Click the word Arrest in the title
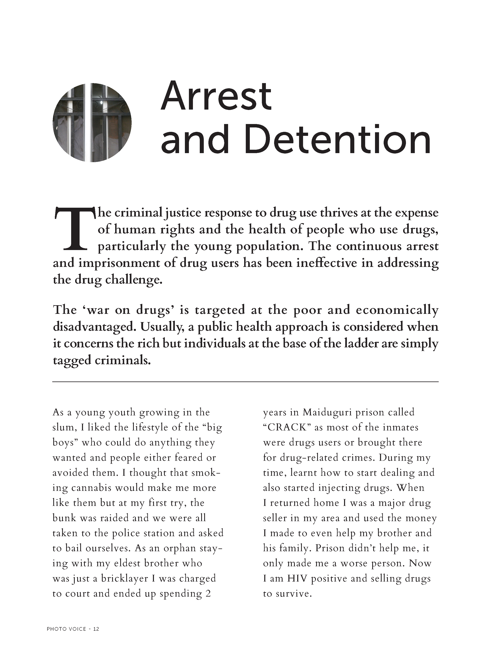click(216, 96)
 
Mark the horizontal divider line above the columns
click(245, 382)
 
